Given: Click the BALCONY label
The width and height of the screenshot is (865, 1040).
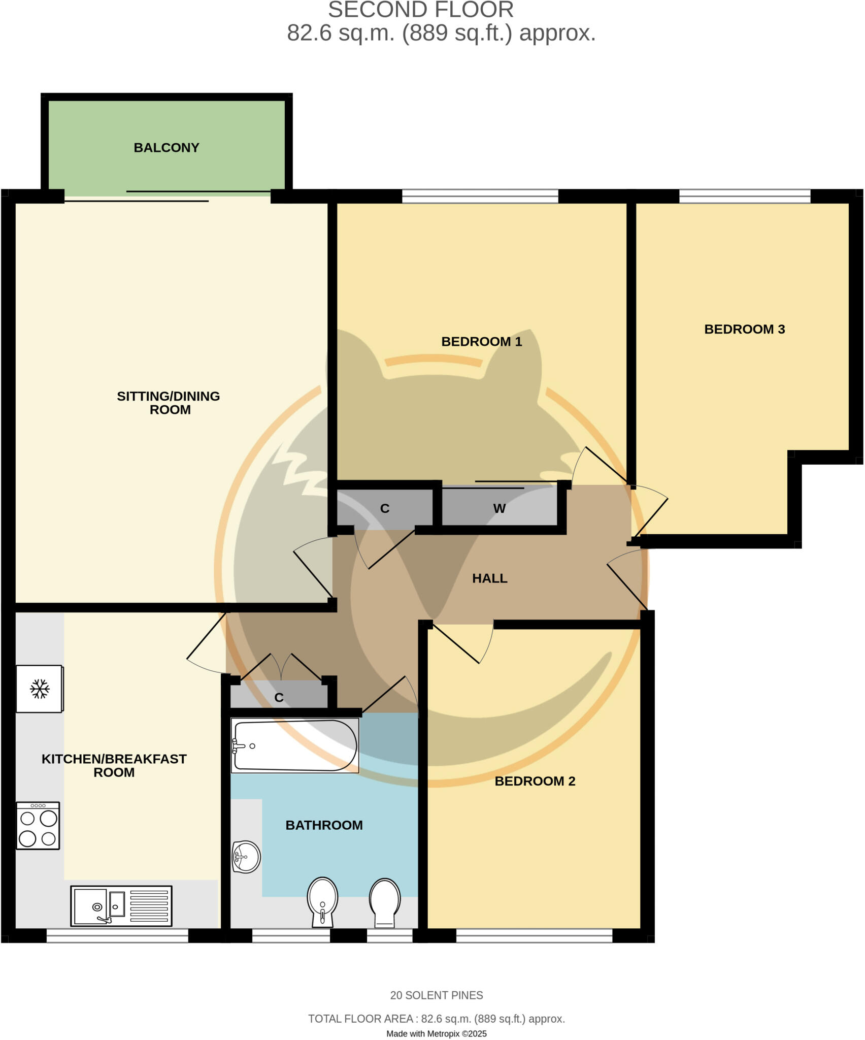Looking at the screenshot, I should tap(167, 148).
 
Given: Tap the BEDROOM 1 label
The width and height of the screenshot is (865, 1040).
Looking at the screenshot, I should tap(481, 341).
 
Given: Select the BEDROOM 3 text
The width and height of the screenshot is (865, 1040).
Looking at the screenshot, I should tap(744, 329).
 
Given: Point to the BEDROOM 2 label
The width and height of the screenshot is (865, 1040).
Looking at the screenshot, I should tap(535, 781).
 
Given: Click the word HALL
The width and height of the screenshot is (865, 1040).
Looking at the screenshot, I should tap(489, 578).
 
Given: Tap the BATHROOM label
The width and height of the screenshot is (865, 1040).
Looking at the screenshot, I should tap(324, 825).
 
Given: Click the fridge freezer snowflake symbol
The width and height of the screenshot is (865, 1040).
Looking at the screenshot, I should tap(40, 689).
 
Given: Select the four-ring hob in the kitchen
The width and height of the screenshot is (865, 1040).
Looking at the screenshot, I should tap(38, 826).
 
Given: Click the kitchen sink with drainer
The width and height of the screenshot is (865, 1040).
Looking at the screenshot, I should tap(121, 906).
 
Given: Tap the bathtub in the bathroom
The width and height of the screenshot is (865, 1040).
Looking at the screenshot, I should tap(294, 745).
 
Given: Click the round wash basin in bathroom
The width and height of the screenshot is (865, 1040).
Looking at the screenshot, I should tap(246, 857).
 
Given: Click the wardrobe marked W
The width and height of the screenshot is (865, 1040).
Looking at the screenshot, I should tap(499, 508).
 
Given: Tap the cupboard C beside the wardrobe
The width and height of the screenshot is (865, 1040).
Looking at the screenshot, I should tap(385, 508).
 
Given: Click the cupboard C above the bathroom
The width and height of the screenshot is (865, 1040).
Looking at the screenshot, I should tap(279, 697).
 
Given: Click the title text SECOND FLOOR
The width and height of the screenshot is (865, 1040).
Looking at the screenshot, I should tap(420, 10).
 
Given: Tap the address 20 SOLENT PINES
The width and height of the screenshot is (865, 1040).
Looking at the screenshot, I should tap(436, 995).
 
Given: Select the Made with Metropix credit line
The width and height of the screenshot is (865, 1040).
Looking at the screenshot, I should tap(436, 1033).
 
